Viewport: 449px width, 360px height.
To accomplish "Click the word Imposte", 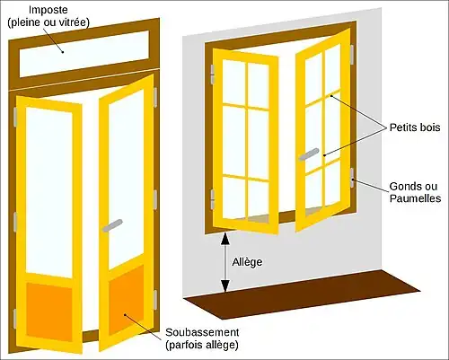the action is [x=48, y=10].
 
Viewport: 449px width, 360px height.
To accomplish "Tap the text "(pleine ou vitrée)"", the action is [x=48, y=22].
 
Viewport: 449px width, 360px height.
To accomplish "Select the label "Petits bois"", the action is [x=415, y=127].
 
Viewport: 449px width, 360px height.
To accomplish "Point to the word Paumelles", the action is [x=416, y=198].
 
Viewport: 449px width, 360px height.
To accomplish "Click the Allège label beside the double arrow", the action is [x=247, y=262].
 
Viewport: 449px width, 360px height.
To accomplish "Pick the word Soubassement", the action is [x=202, y=332].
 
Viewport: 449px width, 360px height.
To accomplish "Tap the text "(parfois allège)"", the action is [x=202, y=345].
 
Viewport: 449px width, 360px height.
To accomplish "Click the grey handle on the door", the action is [x=112, y=225].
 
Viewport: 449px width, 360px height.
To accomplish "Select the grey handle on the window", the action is [x=309, y=154].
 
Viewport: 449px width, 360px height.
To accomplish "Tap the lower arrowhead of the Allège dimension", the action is [x=225, y=285].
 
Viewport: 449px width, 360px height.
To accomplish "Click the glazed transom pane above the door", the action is [x=84, y=54].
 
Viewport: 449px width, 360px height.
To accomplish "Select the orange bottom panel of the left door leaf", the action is [x=49, y=312].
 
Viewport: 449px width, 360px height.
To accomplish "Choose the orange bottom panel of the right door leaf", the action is [x=126, y=300].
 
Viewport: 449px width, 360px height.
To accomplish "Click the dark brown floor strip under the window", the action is [x=303, y=294].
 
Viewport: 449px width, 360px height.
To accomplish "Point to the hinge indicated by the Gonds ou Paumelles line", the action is [x=352, y=178].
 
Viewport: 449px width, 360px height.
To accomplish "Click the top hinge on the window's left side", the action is [x=213, y=75].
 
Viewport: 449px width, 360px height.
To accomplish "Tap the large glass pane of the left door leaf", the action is [x=49, y=193].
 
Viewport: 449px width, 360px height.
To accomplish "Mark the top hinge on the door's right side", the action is [x=155, y=98].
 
